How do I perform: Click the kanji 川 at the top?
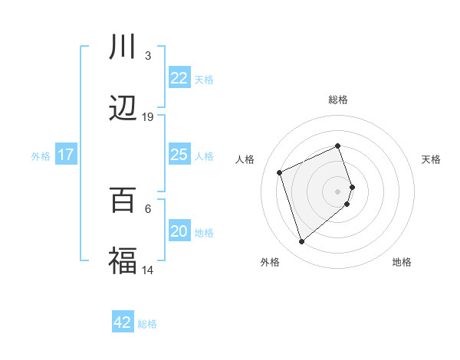point(123,47)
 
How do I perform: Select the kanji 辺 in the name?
point(123,109)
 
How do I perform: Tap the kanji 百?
point(123,200)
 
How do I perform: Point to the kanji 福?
point(123,261)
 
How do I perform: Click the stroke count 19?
point(148,117)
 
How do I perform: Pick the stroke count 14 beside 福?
point(148,270)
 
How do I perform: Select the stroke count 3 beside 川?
point(148,56)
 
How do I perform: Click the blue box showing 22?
point(179,78)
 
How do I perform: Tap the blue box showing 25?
point(179,155)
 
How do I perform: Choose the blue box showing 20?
point(179,231)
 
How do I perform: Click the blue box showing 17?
point(65,155)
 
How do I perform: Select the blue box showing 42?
point(123,322)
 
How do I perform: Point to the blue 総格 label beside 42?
point(147,324)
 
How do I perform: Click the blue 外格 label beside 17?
point(41,156)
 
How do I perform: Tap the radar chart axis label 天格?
point(431,159)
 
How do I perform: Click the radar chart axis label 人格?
point(245,159)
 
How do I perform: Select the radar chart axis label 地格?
point(402,262)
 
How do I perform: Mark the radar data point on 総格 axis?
point(337,146)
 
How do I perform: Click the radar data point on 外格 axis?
point(301,242)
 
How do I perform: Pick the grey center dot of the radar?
point(337,191)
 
